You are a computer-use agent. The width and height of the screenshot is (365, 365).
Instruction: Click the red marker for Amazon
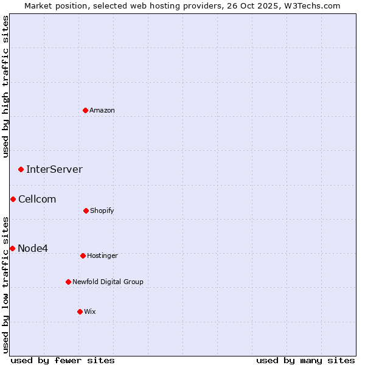pos(86,110)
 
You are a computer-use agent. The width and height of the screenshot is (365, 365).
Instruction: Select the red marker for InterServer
pos(21,169)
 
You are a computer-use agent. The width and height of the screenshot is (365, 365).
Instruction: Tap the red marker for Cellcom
pos(13,199)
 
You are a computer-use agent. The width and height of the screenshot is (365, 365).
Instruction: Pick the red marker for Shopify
pos(86,210)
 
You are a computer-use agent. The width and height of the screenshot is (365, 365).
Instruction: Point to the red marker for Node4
pos(12,248)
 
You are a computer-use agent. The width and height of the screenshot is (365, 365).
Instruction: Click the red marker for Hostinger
pos(83,255)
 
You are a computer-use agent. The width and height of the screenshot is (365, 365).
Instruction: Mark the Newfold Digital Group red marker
pos(68,282)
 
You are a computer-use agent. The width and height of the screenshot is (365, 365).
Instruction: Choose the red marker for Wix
pos(80,311)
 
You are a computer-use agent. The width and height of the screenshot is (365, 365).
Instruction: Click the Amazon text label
pos(102,110)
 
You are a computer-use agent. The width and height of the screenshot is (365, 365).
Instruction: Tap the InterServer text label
pos(54,169)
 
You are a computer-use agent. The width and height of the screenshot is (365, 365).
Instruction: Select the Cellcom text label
pos(37,199)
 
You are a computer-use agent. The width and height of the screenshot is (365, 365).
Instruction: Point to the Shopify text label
pos(102,210)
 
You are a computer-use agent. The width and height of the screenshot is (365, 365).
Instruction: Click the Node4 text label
pos(33,248)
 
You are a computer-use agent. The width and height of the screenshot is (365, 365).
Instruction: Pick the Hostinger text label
pos(102,255)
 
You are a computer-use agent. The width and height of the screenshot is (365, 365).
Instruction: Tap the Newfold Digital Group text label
pos(108,282)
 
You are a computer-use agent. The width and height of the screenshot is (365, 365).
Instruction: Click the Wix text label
pos(90,311)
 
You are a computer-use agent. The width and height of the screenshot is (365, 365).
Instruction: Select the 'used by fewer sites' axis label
pos(63,360)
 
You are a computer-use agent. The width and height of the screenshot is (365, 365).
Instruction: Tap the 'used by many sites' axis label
pos(305,360)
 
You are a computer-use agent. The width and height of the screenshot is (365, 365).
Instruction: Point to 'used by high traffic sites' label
pos(5,86)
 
